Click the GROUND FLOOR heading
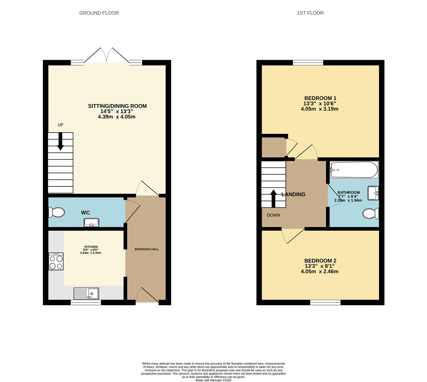click(99, 13)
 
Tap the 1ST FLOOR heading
click(310, 13)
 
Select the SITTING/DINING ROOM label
click(117, 106)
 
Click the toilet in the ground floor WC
click(56, 212)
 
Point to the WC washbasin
click(92, 222)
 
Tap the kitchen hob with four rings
click(56, 261)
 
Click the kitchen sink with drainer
click(86, 293)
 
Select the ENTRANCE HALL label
click(147, 249)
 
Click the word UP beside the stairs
click(60, 125)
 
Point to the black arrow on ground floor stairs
click(60, 141)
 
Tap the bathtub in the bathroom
click(354, 170)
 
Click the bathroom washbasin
click(373, 193)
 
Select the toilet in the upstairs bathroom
click(370, 214)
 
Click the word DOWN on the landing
click(273, 215)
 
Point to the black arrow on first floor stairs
click(273, 198)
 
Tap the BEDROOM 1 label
click(320, 98)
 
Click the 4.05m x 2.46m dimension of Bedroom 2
click(320, 272)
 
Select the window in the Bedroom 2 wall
click(325, 302)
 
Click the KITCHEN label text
click(91, 247)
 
